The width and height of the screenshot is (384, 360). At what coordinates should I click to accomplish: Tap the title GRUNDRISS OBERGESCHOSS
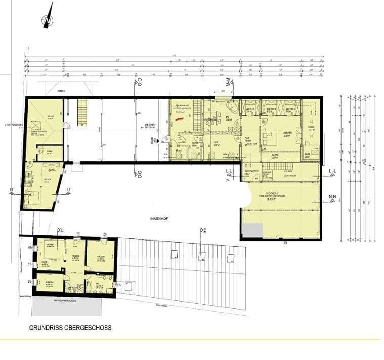point(70,328)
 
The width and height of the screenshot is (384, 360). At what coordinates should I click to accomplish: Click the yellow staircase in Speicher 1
point(82,112)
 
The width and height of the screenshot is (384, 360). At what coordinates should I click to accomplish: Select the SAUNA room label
point(308,156)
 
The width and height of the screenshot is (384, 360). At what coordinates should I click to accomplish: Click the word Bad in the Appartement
point(179,150)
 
